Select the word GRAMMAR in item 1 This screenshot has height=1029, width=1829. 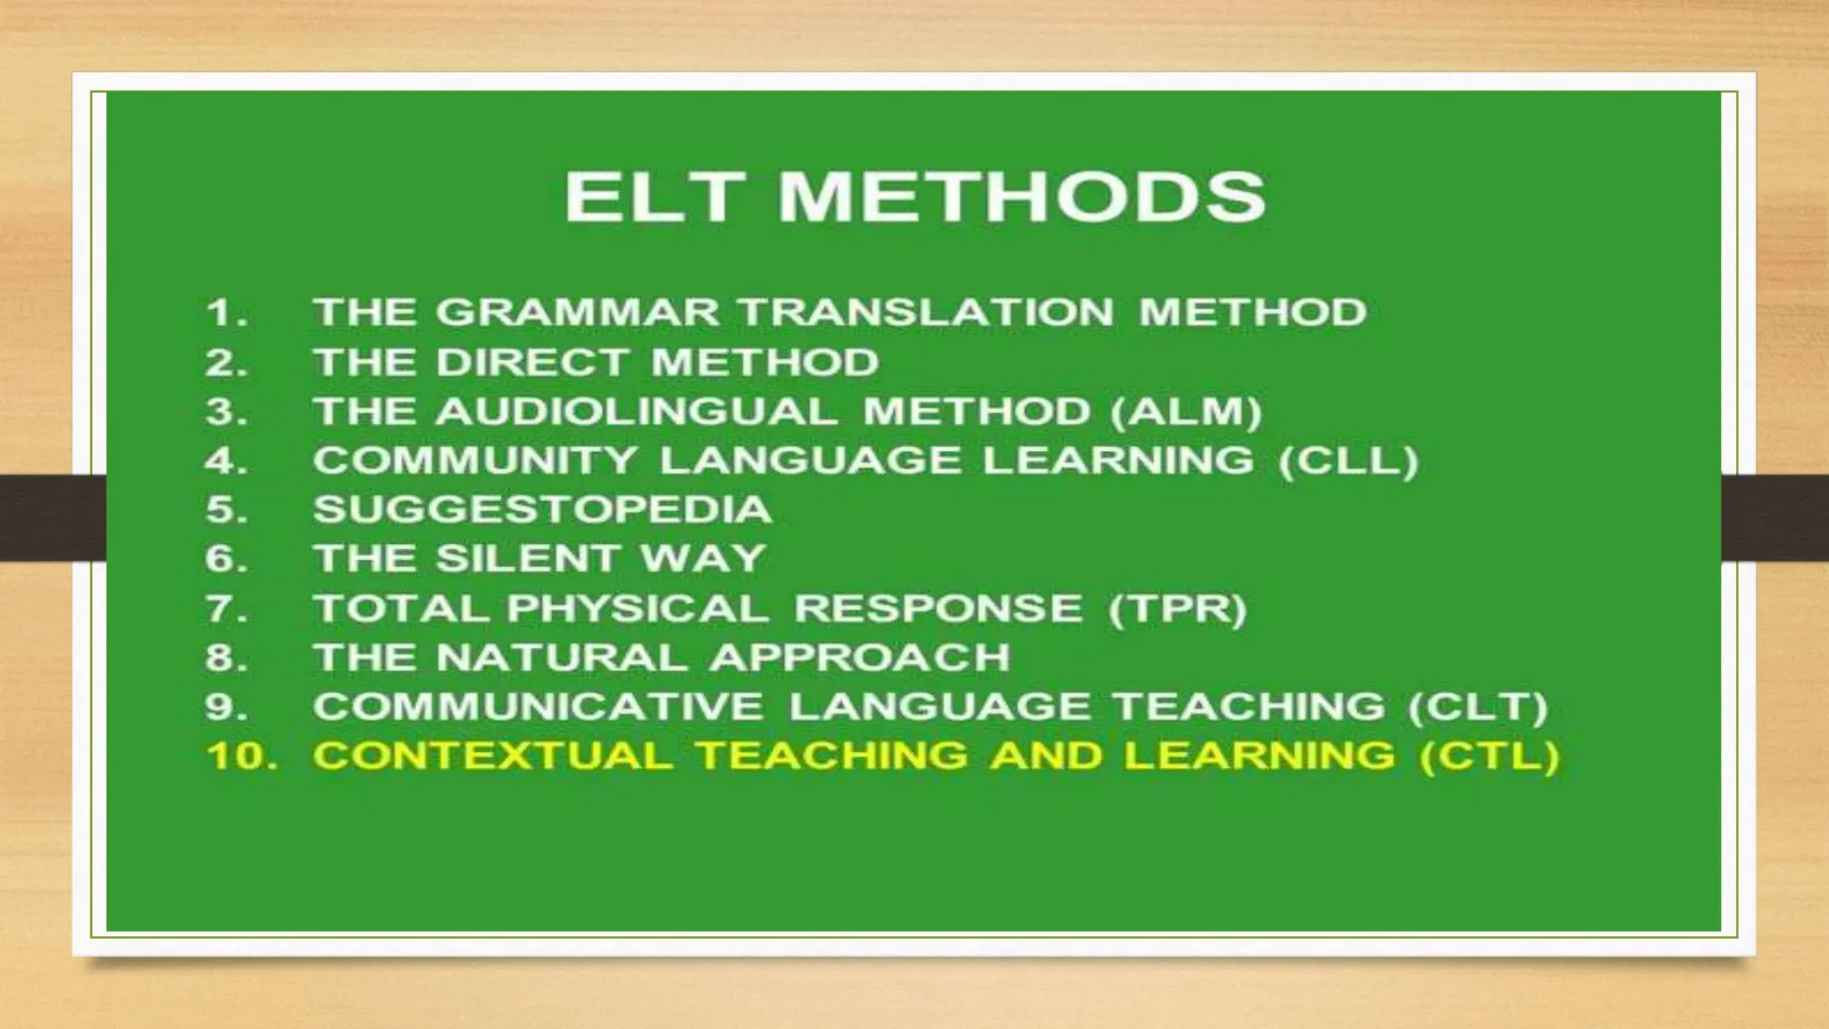(x=578, y=313)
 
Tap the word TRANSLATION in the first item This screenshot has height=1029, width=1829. (x=925, y=313)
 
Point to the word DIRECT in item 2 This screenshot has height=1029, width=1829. (x=532, y=363)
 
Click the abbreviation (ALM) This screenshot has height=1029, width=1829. (x=1187, y=412)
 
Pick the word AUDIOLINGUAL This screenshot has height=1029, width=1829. (x=638, y=412)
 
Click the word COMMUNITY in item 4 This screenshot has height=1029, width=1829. (x=475, y=461)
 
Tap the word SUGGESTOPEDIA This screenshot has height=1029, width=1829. (x=542, y=510)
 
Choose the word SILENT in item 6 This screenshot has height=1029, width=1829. (x=528, y=559)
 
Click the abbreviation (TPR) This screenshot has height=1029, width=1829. (x=1177, y=609)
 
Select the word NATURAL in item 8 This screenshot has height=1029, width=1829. (x=562, y=658)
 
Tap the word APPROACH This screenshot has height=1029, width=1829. (x=860, y=658)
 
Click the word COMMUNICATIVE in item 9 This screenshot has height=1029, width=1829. (x=539, y=707)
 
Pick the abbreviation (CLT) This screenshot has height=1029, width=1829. (x=1478, y=707)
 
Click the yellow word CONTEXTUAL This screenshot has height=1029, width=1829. (x=493, y=757)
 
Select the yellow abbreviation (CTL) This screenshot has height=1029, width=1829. (x=1490, y=757)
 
